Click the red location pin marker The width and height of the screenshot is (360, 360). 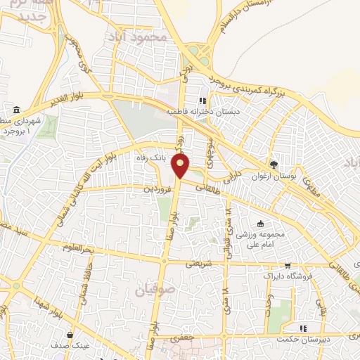(181, 166)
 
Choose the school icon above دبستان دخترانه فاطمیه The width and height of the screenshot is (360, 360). (204, 100)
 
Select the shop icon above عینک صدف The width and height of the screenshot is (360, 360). (70, 334)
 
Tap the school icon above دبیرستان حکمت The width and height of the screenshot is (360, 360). (303, 328)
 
